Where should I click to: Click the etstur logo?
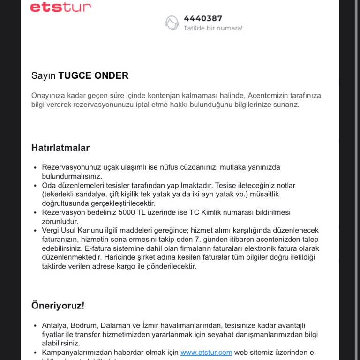(60, 7)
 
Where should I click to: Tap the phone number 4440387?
(202, 18)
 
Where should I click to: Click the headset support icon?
(172, 23)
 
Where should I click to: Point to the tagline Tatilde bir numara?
(213, 28)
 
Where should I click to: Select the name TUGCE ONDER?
(93, 75)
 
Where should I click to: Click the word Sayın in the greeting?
(44, 75)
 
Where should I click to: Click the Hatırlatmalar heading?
(60, 148)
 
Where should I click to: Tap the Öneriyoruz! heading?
(58, 306)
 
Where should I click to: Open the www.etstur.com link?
(206, 352)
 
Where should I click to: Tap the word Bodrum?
(85, 325)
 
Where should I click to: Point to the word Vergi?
(51, 230)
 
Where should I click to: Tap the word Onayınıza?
(49, 95)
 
